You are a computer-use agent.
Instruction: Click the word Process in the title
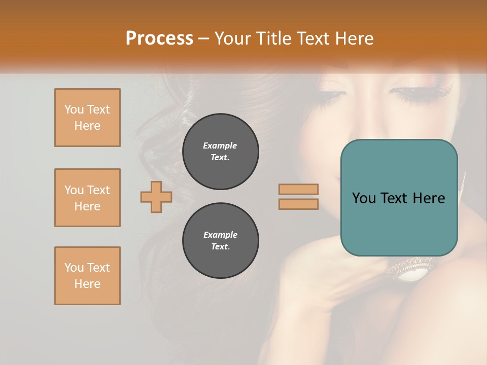(x=159, y=39)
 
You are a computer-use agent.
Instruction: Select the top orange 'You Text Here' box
(x=87, y=118)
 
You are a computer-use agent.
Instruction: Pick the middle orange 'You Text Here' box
(x=87, y=198)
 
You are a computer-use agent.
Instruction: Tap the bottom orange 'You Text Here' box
(x=87, y=276)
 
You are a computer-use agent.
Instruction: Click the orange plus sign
(x=156, y=197)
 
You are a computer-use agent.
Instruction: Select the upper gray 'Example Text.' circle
(x=220, y=152)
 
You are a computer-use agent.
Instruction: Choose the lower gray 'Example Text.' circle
(x=220, y=241)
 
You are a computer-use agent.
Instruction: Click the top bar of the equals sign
(x=298, y=189)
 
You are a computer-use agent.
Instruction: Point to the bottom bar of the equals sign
(x=298, y=204)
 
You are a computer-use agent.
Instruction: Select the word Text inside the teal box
(x=397, y=198)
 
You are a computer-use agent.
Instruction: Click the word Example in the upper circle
(x=220, y=145)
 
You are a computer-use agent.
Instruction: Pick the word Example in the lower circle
(x=220, y=235)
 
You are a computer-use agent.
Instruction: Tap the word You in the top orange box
(x=73, y=109)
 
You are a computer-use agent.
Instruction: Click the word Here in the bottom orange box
(x=87, y=284)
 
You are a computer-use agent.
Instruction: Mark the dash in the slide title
(x=204, y=39)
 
